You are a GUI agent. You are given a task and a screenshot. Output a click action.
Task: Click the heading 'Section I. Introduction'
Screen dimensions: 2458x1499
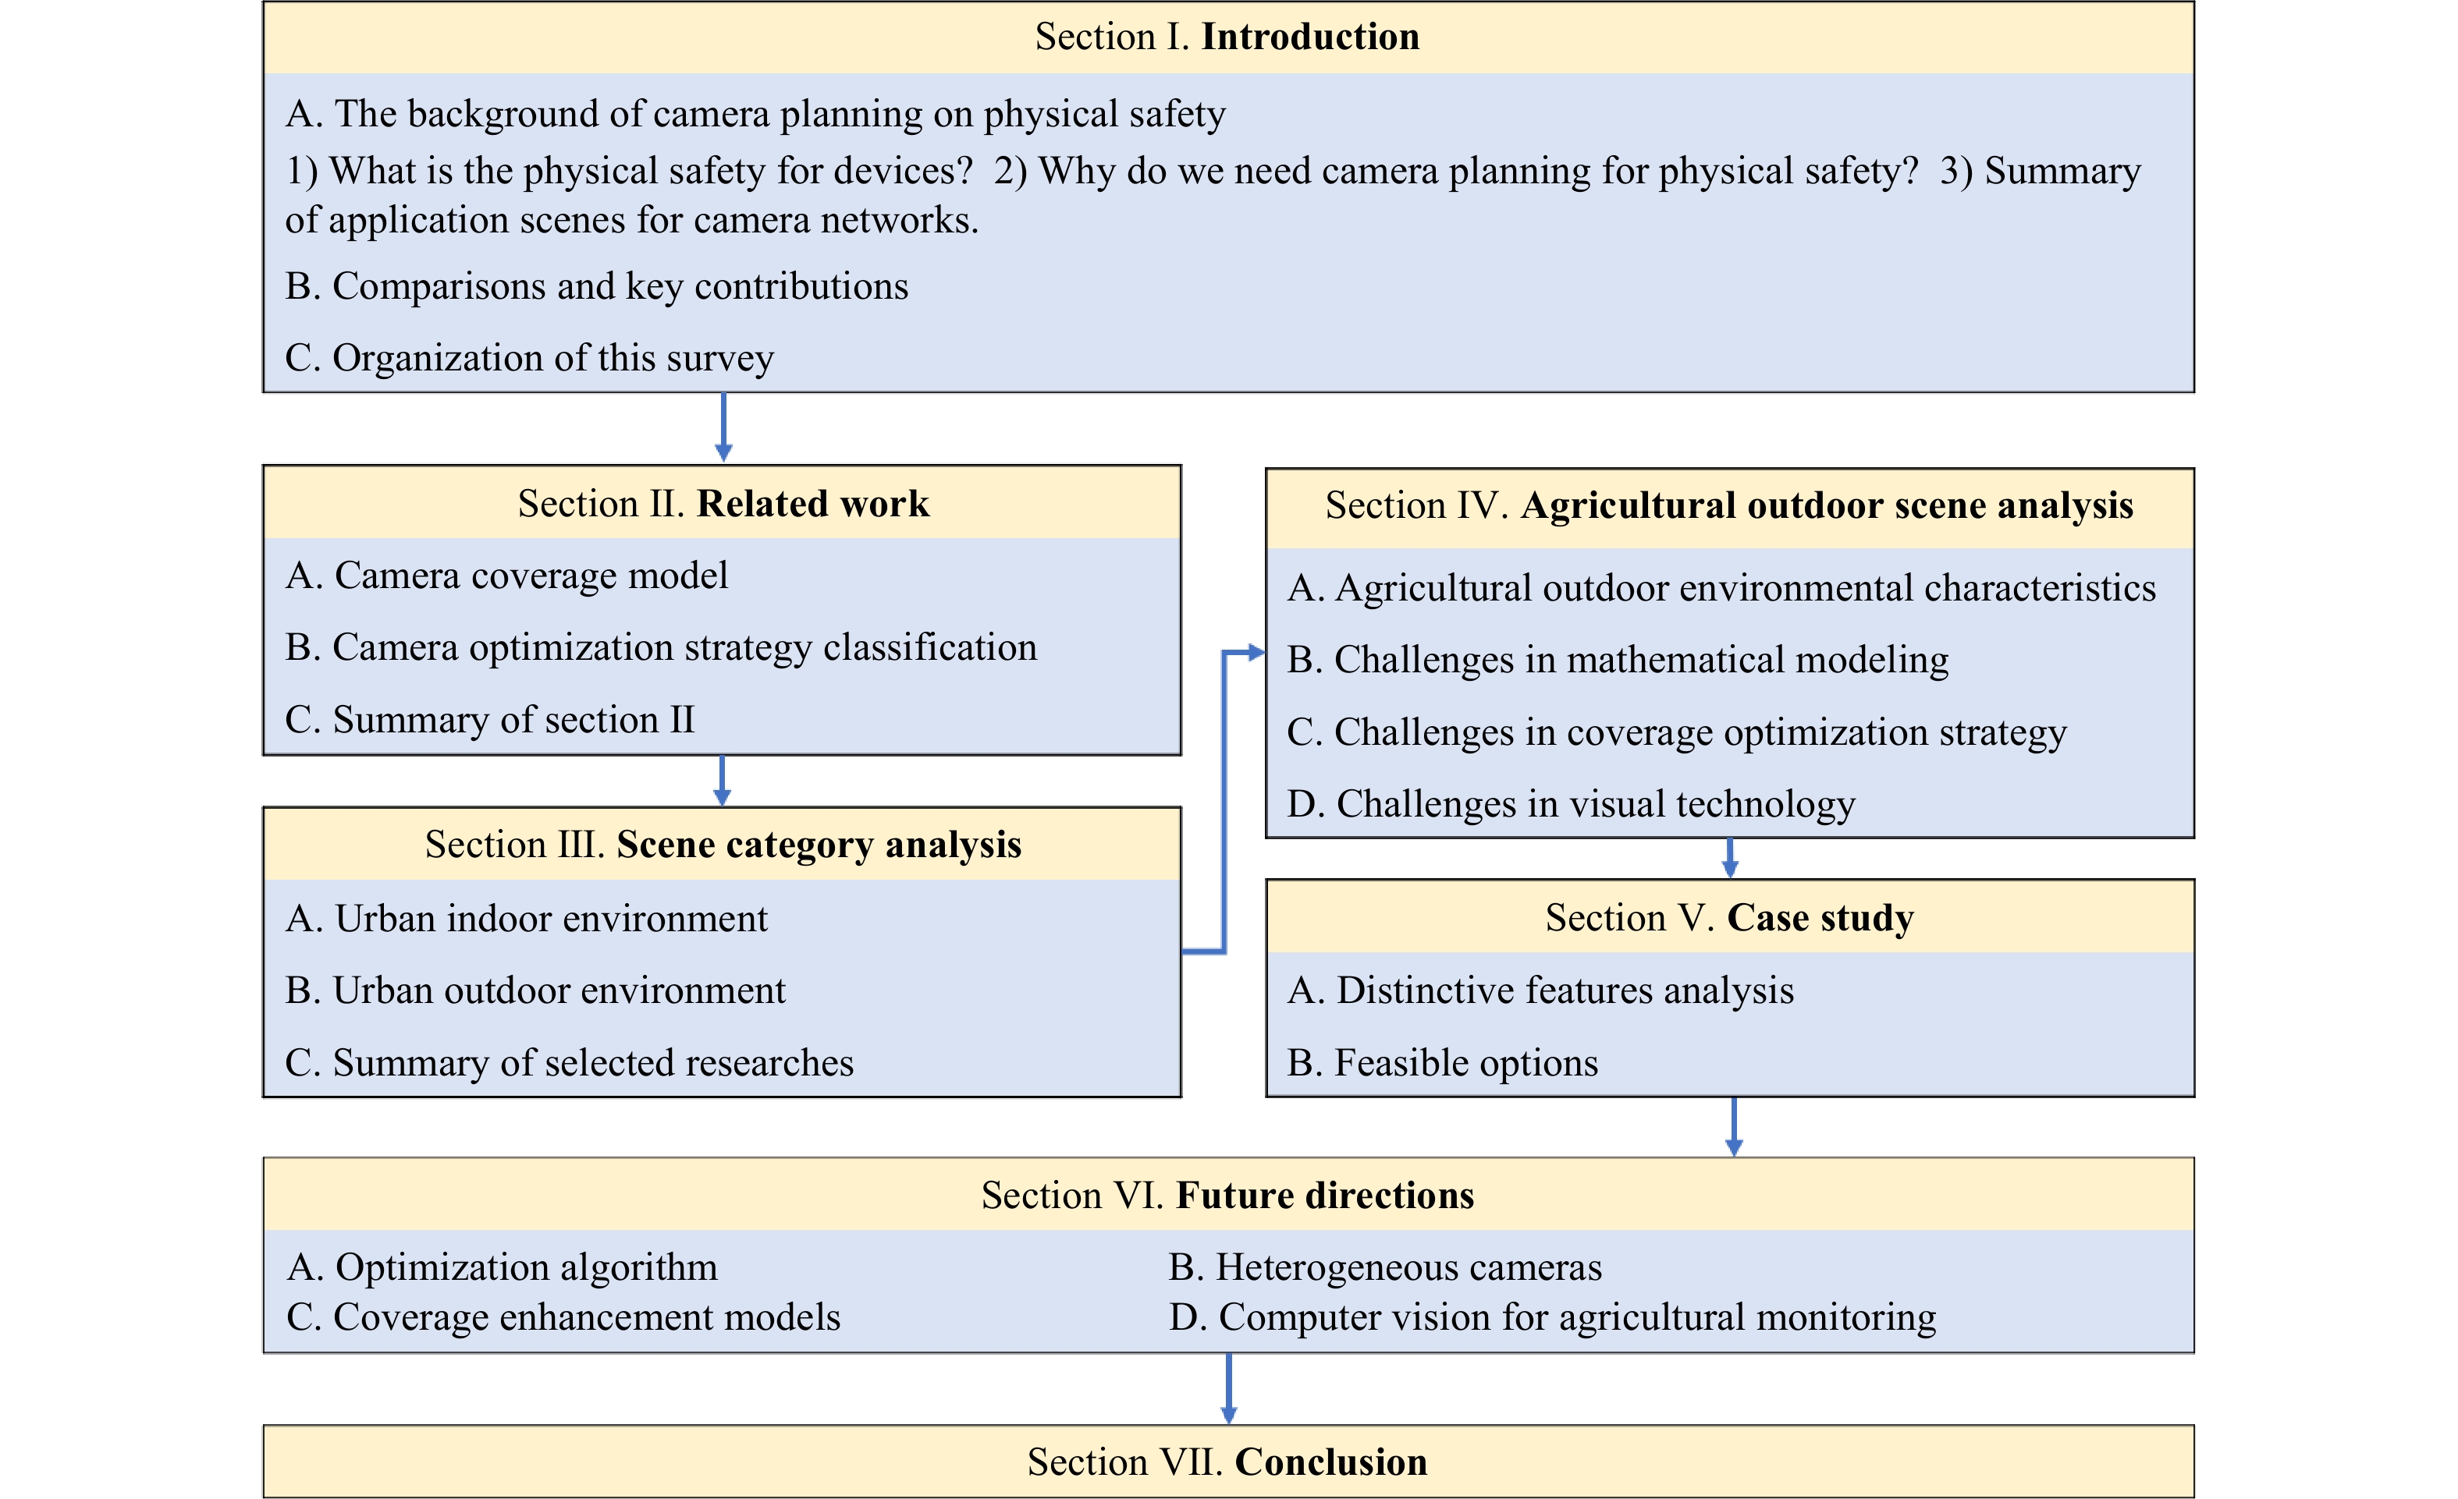click(x=1227, y=37)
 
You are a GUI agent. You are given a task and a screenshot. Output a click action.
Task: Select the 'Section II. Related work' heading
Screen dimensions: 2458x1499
click(x=723, y=504)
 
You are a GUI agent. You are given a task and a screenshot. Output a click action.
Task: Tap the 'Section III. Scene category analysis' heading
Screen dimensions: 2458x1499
click(x=723, y=845)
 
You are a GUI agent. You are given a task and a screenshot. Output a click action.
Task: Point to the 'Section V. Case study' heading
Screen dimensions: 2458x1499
click(x=1730, y=917)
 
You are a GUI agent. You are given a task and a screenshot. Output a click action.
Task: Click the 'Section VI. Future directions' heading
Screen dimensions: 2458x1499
click(x=1227, y=1195)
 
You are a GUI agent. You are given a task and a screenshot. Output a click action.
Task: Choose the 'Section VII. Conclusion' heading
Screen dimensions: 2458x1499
click(x=1227, y=1462)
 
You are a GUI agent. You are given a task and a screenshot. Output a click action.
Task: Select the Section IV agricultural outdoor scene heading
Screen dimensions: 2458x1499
click(x=1728, y=505)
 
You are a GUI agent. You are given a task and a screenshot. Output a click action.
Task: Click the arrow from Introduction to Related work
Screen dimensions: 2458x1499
click(x=723, y=427)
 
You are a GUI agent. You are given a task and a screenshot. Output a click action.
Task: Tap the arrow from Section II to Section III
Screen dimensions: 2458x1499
click(x=723, y=781)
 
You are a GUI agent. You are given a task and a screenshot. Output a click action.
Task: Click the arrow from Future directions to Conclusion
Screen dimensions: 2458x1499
click(x=1228, y=1388)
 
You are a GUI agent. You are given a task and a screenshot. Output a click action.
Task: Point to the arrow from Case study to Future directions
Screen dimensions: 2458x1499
click(x=1734, y=1127)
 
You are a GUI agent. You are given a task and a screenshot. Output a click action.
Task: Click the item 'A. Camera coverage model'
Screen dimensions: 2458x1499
click(x=506, y=576)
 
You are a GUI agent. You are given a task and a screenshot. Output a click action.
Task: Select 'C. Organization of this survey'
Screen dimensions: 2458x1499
click(x=530, y=358)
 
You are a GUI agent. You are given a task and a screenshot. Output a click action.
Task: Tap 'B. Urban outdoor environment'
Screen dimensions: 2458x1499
click(x=536, y=990)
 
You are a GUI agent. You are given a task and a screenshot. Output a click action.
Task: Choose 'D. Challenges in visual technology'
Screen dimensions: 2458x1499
click(x=1571, y=804)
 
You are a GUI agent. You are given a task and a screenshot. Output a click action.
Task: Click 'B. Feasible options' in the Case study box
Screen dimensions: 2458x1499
click(x=1443, y=1063)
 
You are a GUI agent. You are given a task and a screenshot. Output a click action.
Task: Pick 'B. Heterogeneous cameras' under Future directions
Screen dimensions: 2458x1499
click(x=1386, y=1267)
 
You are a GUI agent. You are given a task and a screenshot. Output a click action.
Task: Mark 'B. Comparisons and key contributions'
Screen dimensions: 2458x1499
click(x=596, y=286)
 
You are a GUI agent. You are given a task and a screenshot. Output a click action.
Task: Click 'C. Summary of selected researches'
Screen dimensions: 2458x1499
click(x=570, y=1063)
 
